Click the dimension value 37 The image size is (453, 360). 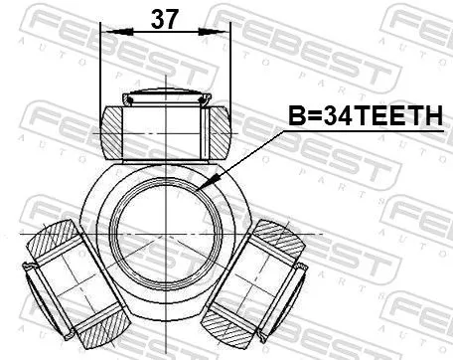[x=165, y=17]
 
